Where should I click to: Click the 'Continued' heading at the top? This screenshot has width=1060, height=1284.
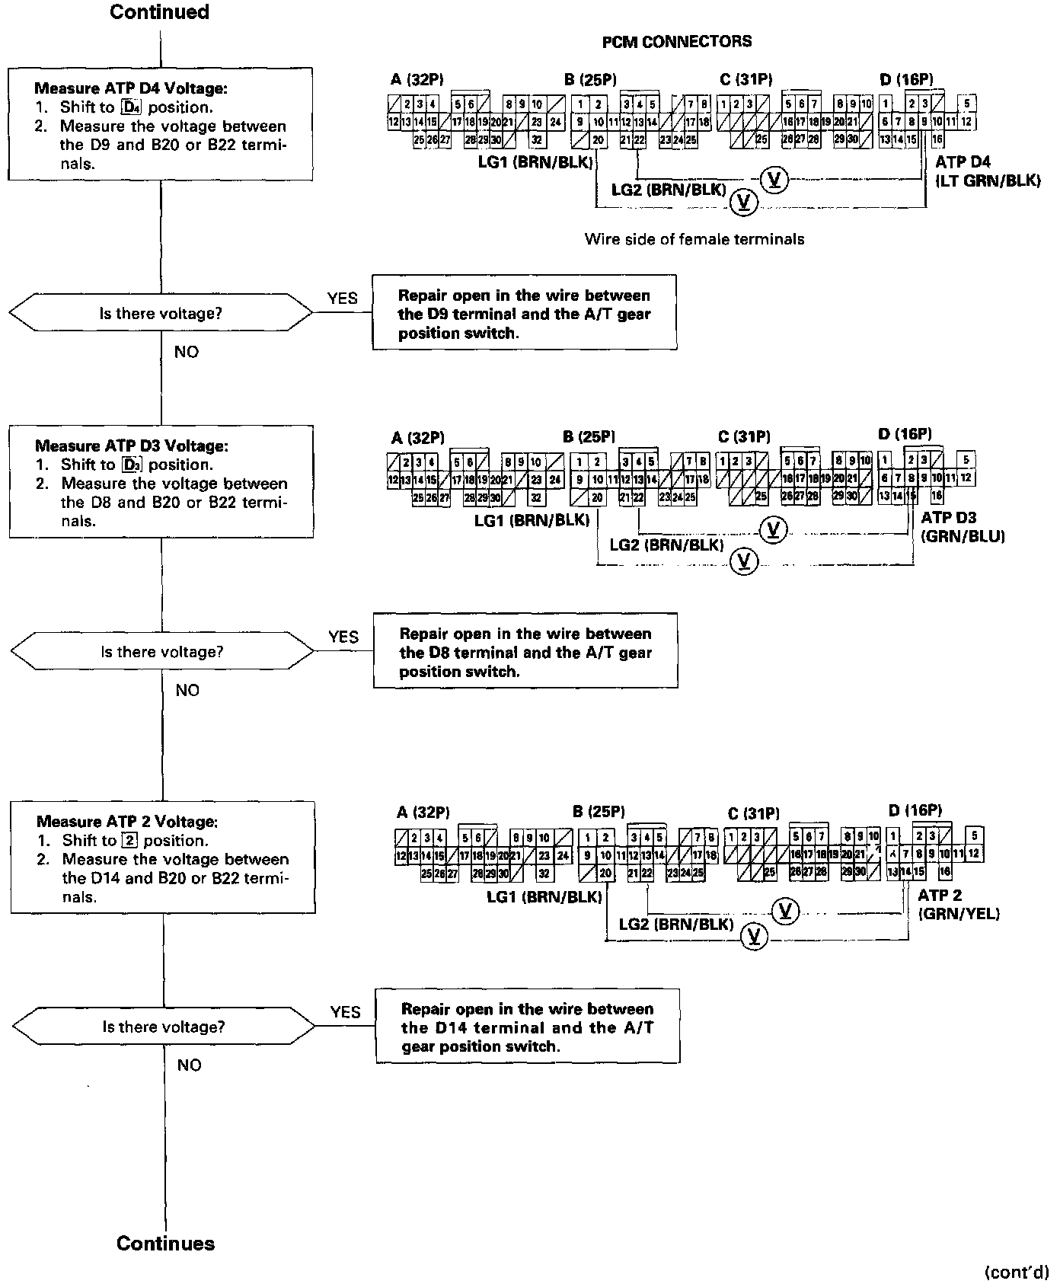[x=159, y=12]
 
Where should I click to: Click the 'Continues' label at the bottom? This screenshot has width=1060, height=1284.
[x=165, y=1244]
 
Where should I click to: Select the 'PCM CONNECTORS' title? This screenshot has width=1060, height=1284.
[x=676, y=42]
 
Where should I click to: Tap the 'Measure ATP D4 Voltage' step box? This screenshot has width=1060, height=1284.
[x=161, y=124]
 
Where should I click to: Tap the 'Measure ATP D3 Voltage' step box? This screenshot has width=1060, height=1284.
[x=161, y=481]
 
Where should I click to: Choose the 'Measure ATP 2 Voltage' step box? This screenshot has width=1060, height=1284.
[x=163, y=858]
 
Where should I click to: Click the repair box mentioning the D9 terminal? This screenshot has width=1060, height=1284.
[x=524, y=313]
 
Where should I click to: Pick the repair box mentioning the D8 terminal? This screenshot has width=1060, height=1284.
[x=525, y=651]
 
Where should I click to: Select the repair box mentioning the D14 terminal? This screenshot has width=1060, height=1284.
[x=527, y=1027]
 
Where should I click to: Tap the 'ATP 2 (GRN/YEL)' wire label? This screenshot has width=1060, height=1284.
[x=958, y=904]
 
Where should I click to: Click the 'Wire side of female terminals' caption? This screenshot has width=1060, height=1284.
[x=694, y=239]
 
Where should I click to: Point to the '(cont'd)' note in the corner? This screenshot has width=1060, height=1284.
[x=1017, y=1271]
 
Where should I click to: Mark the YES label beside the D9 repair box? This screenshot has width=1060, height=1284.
[x=342, y=298]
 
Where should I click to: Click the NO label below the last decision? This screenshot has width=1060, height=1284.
[x=189, y=1065]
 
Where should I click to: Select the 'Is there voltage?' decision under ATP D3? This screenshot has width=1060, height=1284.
[x=161, y=652]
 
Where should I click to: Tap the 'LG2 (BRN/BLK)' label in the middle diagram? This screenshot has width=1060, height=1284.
[x=666, y=545]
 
